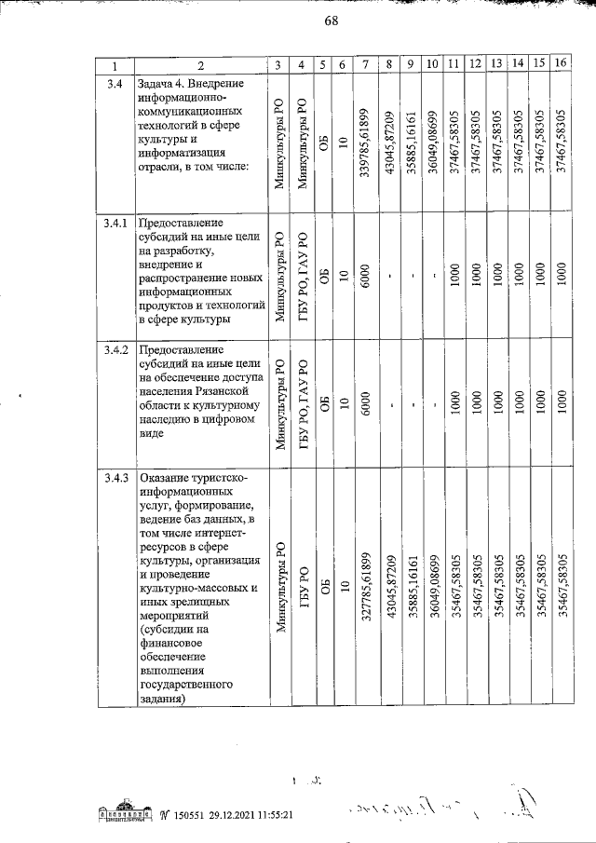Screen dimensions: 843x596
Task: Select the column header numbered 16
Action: click(560, 64)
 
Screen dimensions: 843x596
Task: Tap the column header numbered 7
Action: click(367, 64)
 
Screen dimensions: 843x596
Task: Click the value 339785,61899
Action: click(367, 143)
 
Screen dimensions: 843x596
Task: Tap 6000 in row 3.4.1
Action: click(367, 275)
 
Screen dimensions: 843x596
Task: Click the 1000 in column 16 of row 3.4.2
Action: click(561, 401)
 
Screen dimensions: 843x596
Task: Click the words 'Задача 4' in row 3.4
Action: click(163, 84)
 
